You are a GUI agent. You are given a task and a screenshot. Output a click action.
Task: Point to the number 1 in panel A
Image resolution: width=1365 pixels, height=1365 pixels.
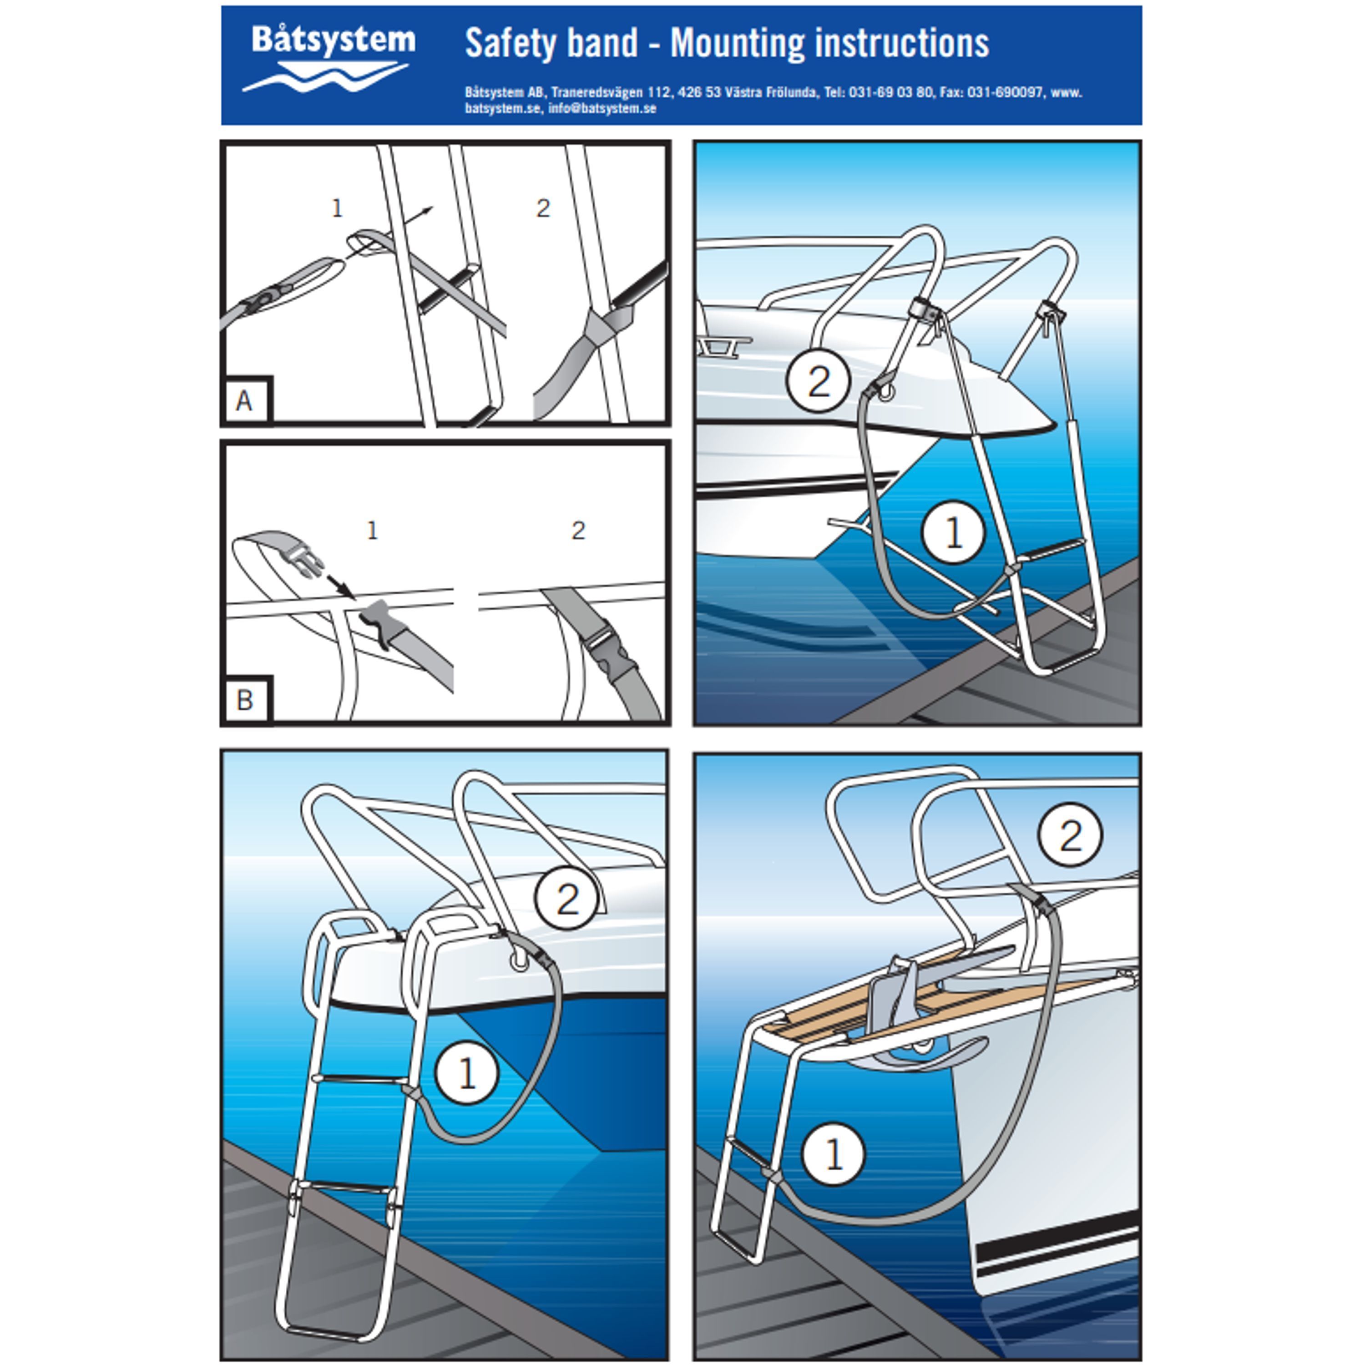(x=337, y=208)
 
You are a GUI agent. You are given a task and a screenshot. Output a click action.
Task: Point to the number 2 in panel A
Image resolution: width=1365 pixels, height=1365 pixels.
(x=543, y=208)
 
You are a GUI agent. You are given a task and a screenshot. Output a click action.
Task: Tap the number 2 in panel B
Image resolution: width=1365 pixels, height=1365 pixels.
(x=578, y=530)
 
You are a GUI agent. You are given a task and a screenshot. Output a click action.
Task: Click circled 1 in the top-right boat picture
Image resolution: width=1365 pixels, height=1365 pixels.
(x=953, y=532)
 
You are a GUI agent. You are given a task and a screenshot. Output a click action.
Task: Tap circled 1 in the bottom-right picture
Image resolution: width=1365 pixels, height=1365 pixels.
(x=834, y=1154)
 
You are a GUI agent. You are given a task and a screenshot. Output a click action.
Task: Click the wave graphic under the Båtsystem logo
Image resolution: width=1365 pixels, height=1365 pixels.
(x=325, y=76)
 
